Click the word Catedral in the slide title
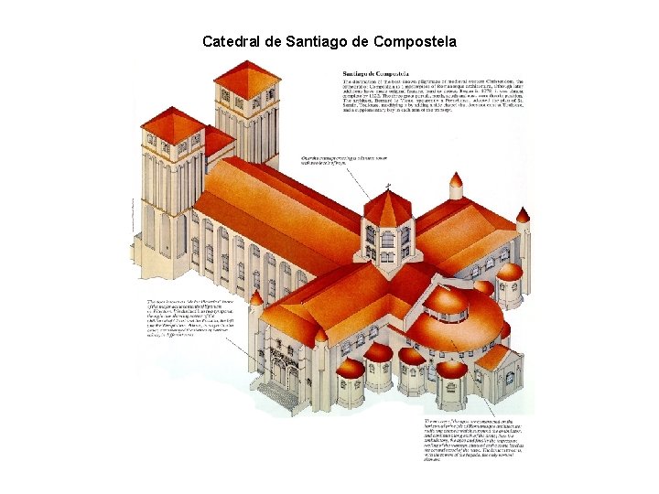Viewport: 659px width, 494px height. [x=231, y=41]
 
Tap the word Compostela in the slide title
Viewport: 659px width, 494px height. [x=411, y=41]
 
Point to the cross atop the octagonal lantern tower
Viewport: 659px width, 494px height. [x=387, y=187]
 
